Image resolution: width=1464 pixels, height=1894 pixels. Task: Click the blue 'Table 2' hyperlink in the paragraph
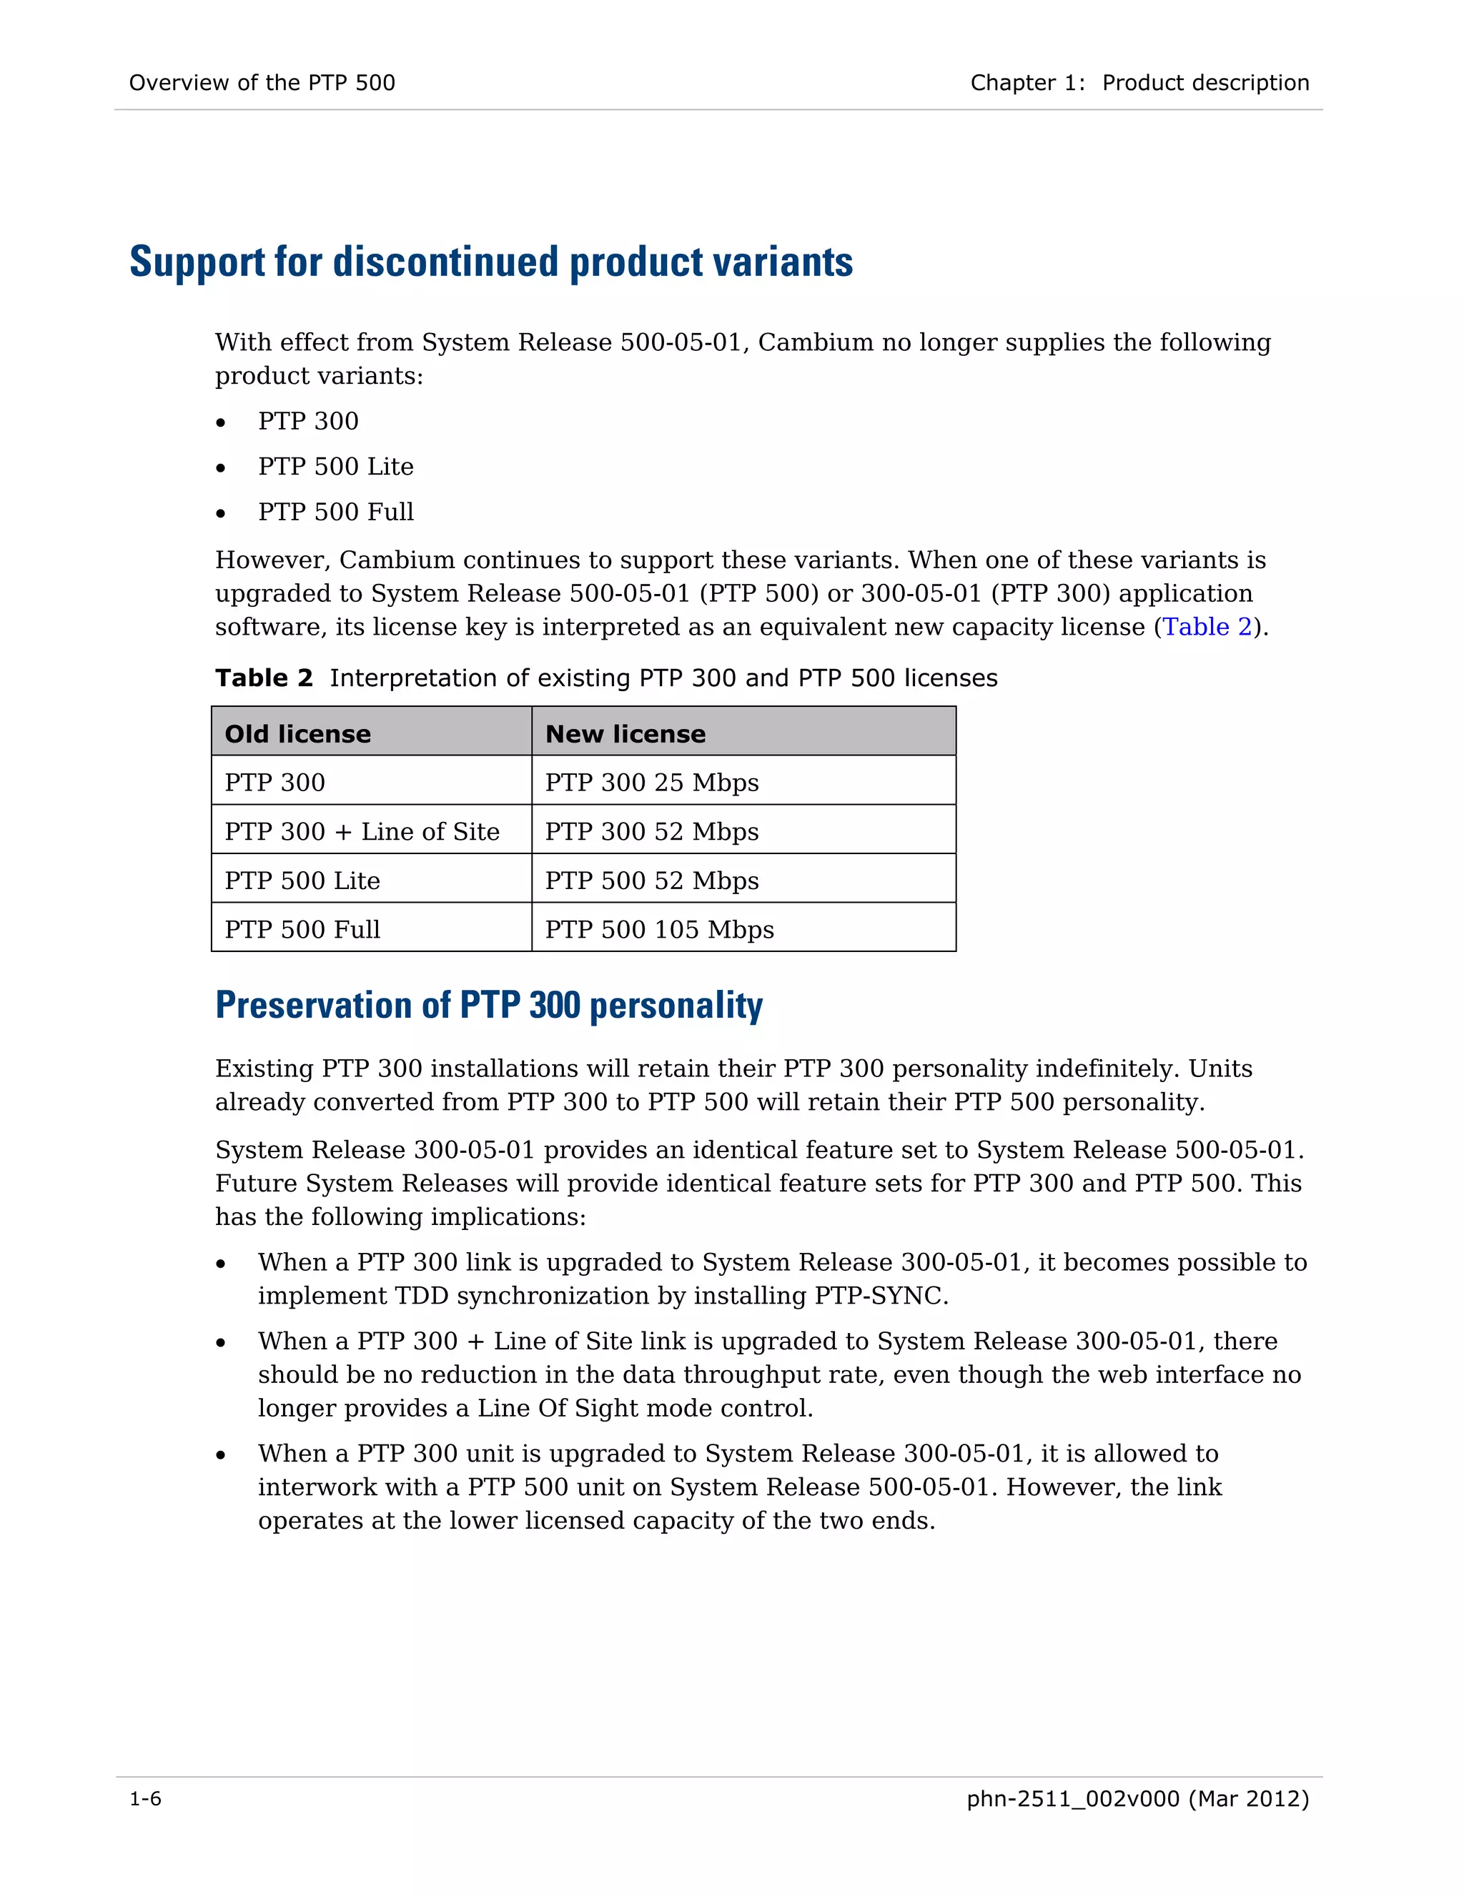point(1207,627)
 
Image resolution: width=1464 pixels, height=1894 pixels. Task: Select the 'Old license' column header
point(297,734)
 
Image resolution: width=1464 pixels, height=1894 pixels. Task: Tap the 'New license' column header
point(625,734)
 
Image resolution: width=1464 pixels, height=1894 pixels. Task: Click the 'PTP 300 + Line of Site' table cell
point(362,832)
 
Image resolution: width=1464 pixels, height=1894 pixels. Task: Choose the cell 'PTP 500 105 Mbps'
point(659,930)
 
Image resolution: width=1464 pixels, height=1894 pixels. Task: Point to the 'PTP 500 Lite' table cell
point(302,881)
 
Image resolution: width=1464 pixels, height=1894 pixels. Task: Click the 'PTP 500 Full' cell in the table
point(302,930)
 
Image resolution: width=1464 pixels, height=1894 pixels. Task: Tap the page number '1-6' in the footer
point(145,1799)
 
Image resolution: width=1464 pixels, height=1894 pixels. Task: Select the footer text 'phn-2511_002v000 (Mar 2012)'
point(1137,1799)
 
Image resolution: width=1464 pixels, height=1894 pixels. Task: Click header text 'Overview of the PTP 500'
point(262,83)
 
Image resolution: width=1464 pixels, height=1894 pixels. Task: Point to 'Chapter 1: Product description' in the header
point(1139,83)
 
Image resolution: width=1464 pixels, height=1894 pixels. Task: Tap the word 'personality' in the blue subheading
point(676,1006)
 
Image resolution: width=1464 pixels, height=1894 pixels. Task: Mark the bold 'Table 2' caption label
point(264,678)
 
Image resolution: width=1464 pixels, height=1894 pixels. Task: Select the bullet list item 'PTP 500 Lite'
point(336,467)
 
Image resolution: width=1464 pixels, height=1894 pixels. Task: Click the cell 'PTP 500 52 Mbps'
point(651,881)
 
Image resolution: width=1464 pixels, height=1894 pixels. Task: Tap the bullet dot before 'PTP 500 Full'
point(221,513)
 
